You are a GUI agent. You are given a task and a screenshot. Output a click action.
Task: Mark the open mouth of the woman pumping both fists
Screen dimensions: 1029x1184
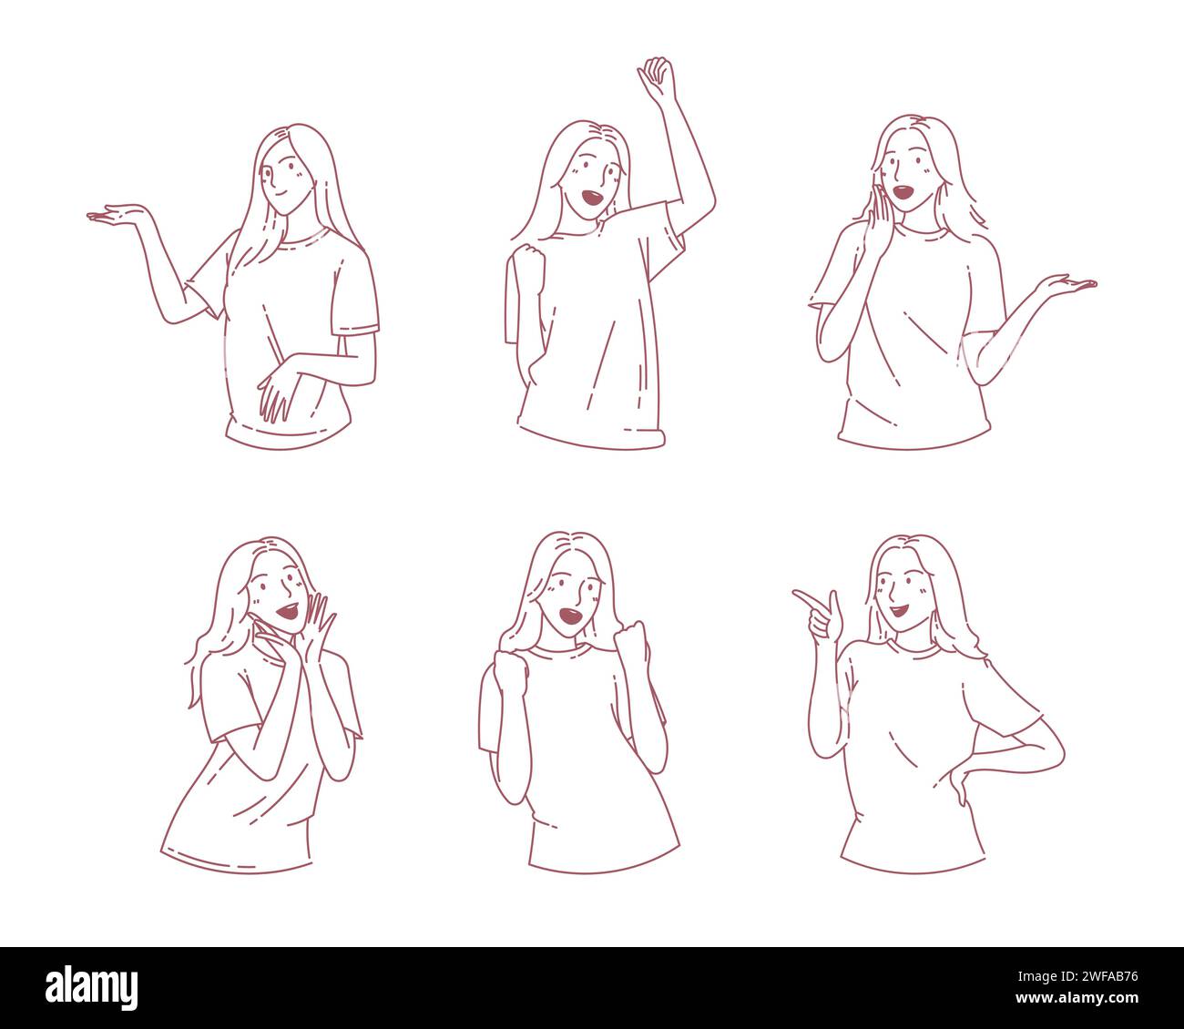click(x=571, y=617)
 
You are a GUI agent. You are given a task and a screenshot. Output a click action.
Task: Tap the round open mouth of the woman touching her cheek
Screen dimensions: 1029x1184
click(x=903, y=192)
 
